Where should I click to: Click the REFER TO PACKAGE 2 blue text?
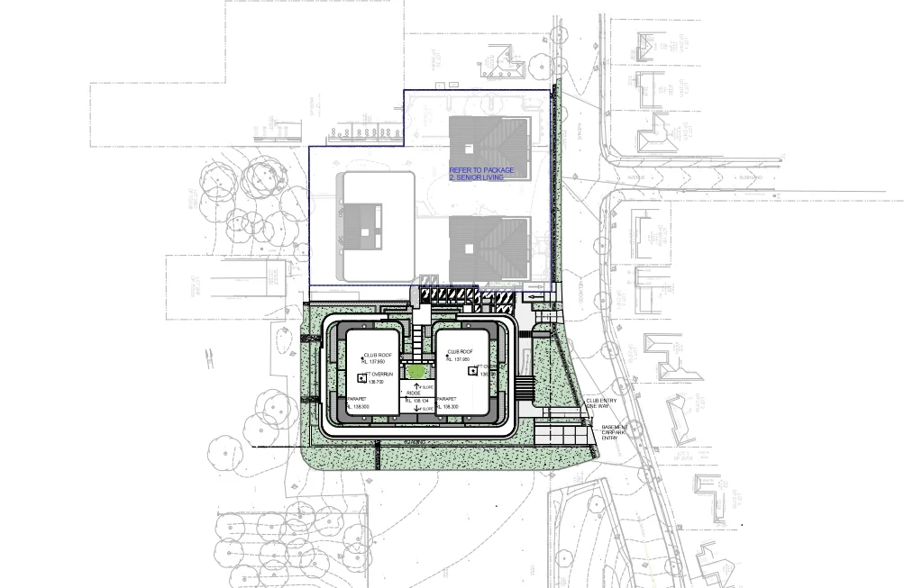pyautogui.click(x=482, y=174)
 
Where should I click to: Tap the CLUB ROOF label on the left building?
pyautogui.click(x=377, y=357)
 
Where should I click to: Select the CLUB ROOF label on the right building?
pyautogui.click(x=460, y=352)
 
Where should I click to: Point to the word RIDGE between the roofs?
pyautogui.click(x=415, y=394)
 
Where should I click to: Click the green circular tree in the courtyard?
pyautogui.click(x=415, y=371)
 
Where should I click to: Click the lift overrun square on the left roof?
pyautogui.click(x=362, y=377)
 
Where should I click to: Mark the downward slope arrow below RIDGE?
pyautogui.click(x=416, y=410)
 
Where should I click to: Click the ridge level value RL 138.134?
pyautogui.click(x=416, y=401)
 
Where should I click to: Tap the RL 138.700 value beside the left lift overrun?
pyautogui.click(x=374, y=383)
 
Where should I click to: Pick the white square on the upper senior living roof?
pyautogui.click(x=469, y=148)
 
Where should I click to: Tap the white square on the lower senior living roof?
pyautogui.click(x=469, y=246)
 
